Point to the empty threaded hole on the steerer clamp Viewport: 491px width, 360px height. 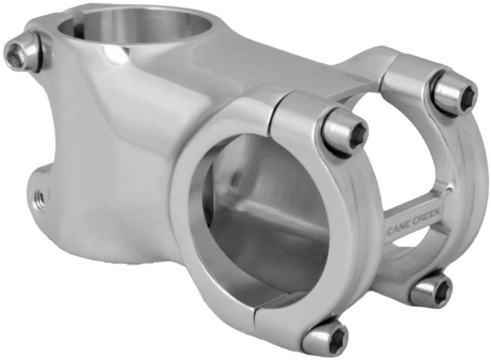[39, 199]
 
